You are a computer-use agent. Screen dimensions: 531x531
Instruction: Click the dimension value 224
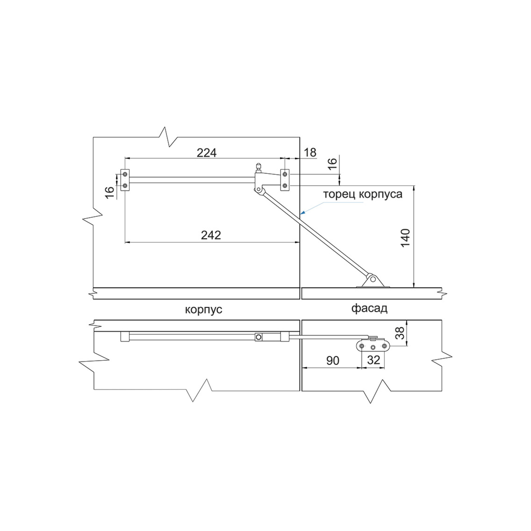point(207,153)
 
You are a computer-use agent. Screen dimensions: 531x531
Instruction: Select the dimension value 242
point(211,235)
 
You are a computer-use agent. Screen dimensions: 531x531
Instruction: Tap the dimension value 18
point(310,153)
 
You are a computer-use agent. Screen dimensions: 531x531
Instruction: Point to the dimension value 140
point(405,238)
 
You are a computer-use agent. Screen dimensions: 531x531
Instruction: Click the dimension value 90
point(333,361)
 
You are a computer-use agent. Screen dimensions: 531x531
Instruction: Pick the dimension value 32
point(374,360)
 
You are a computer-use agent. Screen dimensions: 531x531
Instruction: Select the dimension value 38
point(401,333)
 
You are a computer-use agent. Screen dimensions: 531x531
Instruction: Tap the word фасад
point(369,308)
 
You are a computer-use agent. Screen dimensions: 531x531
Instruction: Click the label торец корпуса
point(363,194)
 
